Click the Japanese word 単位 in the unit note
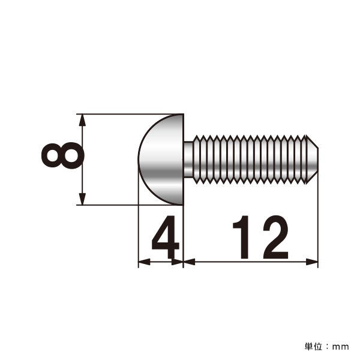click(313, 346)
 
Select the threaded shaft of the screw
click(252, 160)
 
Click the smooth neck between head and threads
click(188, 160)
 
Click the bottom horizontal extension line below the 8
click(108, 205)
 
